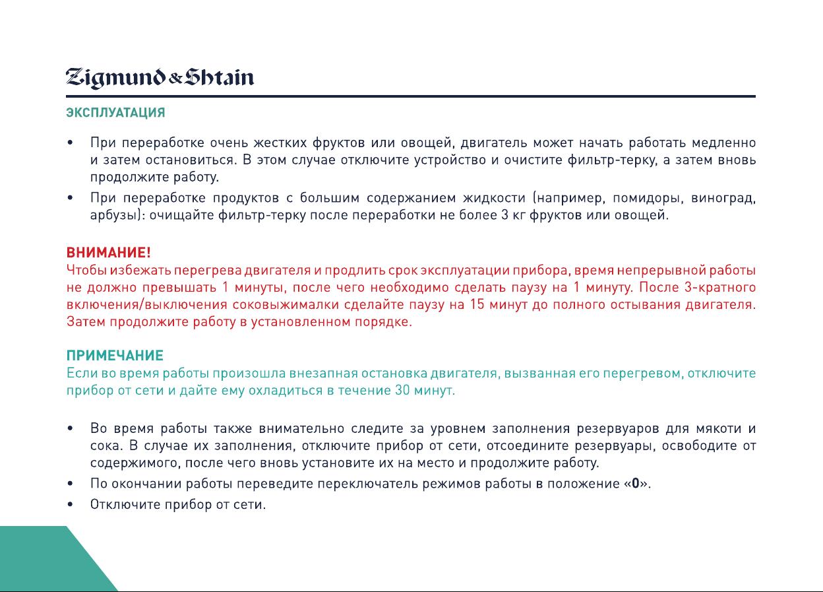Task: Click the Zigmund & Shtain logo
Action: click(160, 78)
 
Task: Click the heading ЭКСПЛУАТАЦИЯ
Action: click(116, 112)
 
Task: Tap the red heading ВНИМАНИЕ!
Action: click(108, 253)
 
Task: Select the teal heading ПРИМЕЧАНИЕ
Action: click(115, 356)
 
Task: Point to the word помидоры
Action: click(648, 198)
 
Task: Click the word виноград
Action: click(723, 198)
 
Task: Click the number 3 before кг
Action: click(505, 214)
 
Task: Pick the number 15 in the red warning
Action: click(478, 304)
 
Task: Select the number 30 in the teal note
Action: click(402, 390)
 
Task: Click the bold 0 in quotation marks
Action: click(635, 483)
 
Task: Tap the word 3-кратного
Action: click(719, 287)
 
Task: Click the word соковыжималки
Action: click(286, 305)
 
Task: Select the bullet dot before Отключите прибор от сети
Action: click(70, 504)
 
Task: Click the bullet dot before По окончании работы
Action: click(70, 484)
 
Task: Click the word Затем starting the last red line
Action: click(86, 322)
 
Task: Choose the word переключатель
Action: click(368, 484)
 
